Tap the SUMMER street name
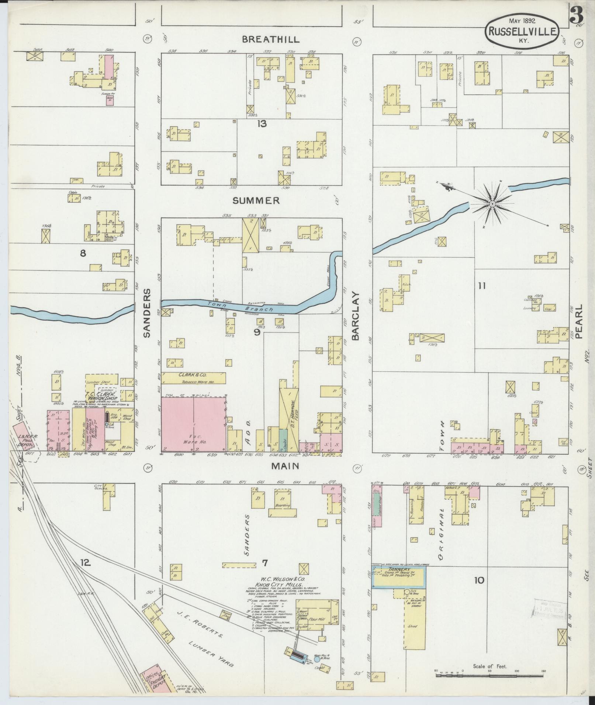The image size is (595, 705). (x=256, y=200)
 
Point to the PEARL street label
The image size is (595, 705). (x=578, y=321)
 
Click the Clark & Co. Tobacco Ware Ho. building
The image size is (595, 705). (x=193, y=378)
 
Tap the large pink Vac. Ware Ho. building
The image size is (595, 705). (x=193, y=424)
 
